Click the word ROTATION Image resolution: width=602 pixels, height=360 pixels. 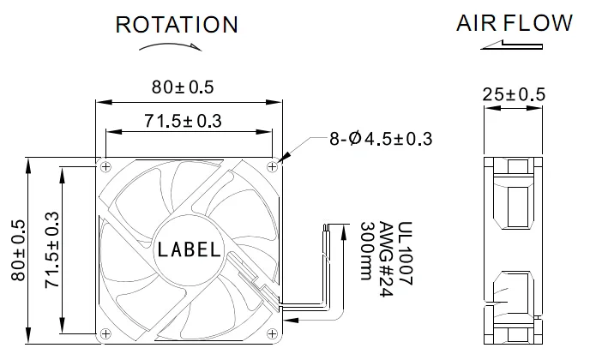point(177,25)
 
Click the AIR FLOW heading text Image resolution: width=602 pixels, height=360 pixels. point(514,23)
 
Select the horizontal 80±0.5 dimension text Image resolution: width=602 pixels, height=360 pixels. point(183,87)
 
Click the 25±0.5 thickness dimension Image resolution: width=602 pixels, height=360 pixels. point(513,94)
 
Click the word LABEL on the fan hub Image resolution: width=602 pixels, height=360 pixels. point(190,251)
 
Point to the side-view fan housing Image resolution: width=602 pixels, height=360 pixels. point(512,249)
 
